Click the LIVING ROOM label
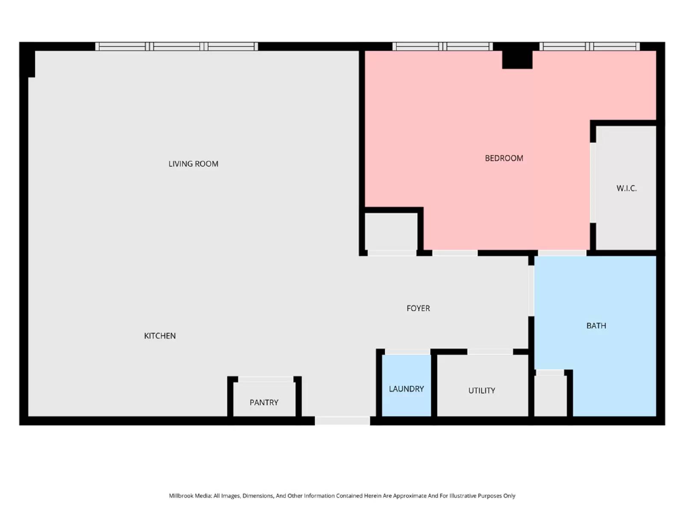(x=193, y=164)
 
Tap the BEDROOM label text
(x=504, y=158)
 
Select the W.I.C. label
(x=626, y=188)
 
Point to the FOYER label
(x=418, y=308)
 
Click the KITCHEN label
(x=160, y=336)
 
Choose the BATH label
(x=596, y=326)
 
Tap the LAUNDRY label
(x=406, y=389)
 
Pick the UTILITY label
(x=482, y=391)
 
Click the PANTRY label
(x=264, y=403)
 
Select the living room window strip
(x=176, y=46)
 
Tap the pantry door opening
(x=265, y=379)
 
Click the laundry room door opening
(x=407, y=351)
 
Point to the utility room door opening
(x=490, y=351)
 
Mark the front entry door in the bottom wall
(x=342, y=421)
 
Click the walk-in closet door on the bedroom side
(x=593, y=183)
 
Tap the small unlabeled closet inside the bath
(x=551, y=395)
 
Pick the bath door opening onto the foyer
(x=531, y=291)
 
